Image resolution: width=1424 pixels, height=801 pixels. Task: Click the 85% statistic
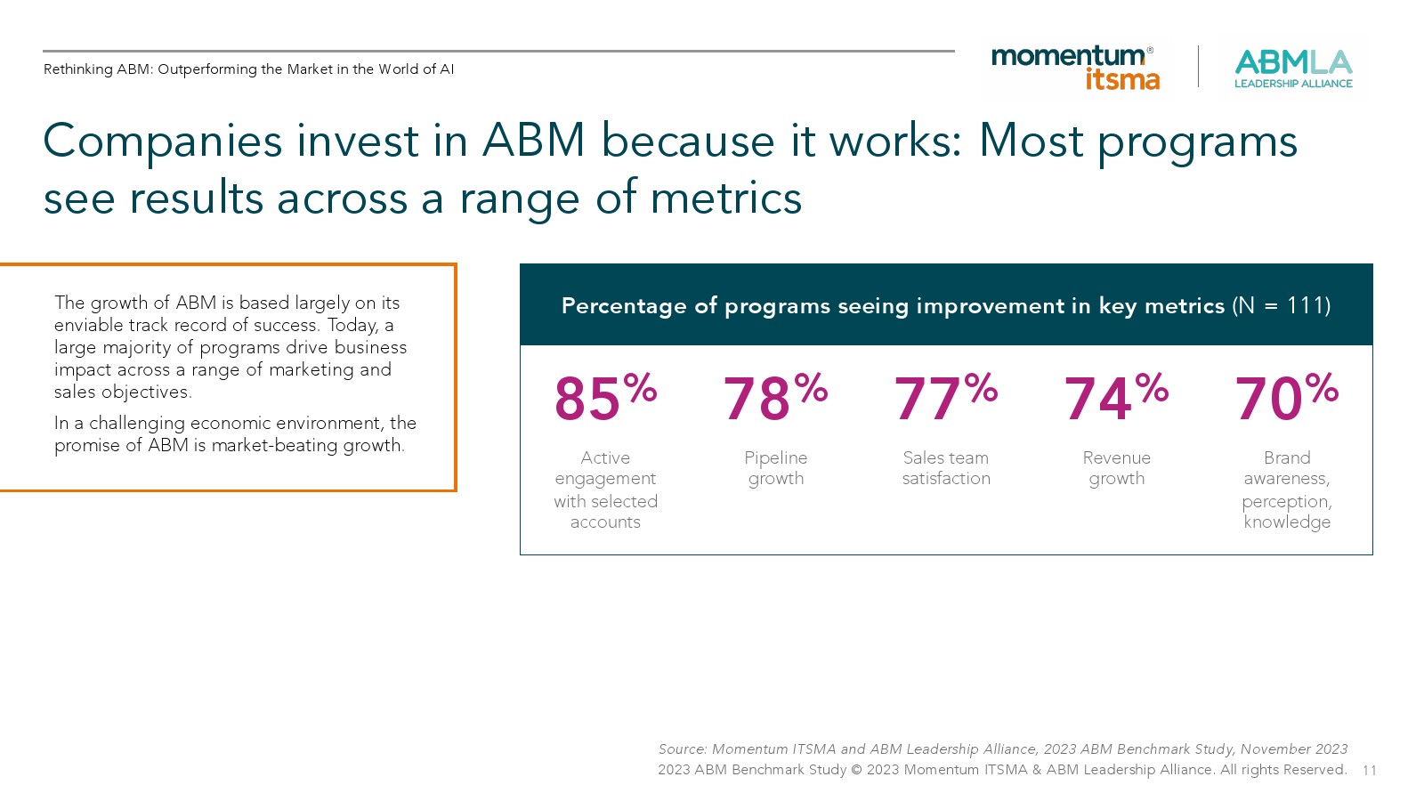click(x=606, y=397)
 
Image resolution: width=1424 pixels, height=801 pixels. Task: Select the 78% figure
click(x=775, y=397)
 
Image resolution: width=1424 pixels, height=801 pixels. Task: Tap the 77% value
click(x=946, y=397)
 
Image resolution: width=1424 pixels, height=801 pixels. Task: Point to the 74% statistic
click(x=1116, y=397)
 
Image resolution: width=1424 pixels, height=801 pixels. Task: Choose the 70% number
click(x=1287, y=397)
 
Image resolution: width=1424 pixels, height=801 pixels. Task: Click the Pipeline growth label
click(x=775, y=468)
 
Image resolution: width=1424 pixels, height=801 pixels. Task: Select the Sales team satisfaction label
click(x=946, y=468)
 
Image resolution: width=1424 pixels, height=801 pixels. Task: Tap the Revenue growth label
click(x=1116, y=468)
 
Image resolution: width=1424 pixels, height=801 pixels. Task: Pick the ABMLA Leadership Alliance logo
click(x=1293, y=69)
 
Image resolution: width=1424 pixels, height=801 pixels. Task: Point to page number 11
click(x=1370, y=771)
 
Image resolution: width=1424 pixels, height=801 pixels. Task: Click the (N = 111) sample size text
click(x=1281, y=306)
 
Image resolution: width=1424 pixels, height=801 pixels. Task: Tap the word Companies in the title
click(x=162, y=142)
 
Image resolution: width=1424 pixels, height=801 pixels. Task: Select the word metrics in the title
click(x=726, y=198)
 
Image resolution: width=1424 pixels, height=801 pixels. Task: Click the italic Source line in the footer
click(x=1002, y=748)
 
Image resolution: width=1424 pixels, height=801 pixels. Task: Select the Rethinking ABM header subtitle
click(x=248, y=69)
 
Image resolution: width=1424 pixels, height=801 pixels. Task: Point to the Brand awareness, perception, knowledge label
click(x=1287, y=489)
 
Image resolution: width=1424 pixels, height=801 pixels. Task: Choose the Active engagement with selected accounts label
click(x=606, y=489)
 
